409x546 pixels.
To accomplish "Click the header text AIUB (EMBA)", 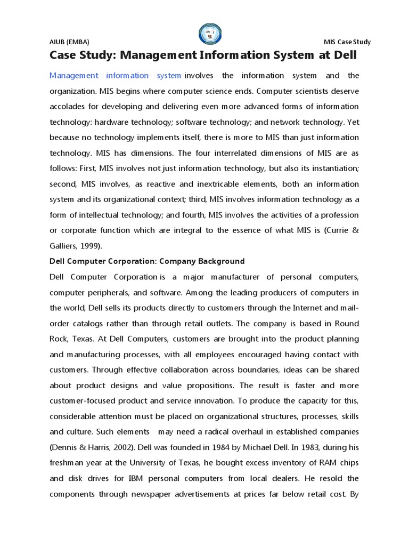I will [69, 42].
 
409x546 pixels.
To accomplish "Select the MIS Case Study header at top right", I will [347, 42].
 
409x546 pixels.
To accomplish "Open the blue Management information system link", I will [115, 75].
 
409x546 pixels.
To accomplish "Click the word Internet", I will [299, 308].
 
